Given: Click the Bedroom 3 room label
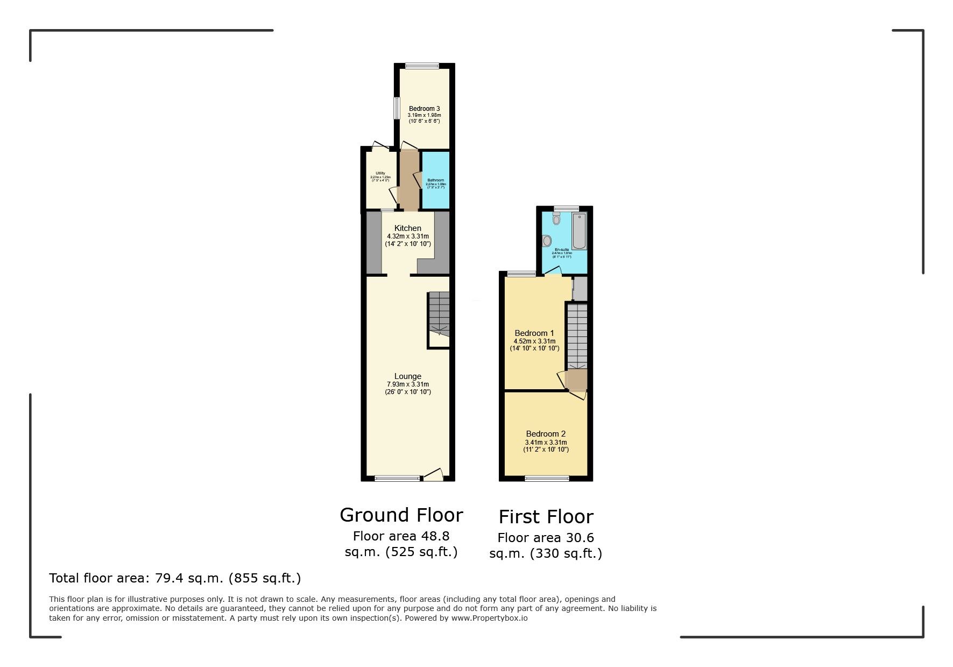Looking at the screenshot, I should (x=424, y=109).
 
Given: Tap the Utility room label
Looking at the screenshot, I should (x=380, y=173).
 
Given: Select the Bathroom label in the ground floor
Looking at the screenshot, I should (x=435, y=180).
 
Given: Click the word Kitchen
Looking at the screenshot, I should (x=408, y=228).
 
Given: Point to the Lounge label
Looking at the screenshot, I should (x=408, y=376).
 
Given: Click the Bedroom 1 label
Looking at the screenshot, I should (x=534, y=333).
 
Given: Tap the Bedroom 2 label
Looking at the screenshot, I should (x=546, y=434).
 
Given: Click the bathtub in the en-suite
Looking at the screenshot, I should (x=579, y=231).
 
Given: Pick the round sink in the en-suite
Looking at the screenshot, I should (x=547, y=241).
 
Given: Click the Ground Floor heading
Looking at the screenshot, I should (x=401, y=515).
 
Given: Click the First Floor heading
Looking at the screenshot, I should (x=546, y=517).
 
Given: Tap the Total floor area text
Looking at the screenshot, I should (x=175, y=578).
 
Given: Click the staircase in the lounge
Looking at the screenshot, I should (x=439, y=315).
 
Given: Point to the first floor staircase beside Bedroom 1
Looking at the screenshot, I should (x=577, y=336).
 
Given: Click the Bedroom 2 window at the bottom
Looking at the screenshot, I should (x=547, y=478).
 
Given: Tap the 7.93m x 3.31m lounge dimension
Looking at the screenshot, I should (x=408, y=384).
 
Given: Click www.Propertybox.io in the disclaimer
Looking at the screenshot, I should (x=489, y=618).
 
